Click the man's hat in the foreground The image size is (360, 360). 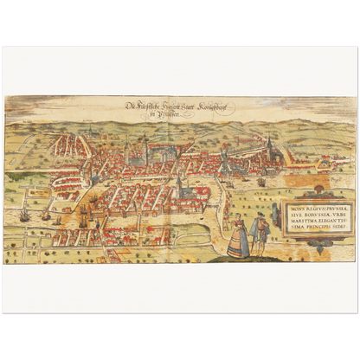coord(257,217)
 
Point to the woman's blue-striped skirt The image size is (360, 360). coord(237,245)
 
